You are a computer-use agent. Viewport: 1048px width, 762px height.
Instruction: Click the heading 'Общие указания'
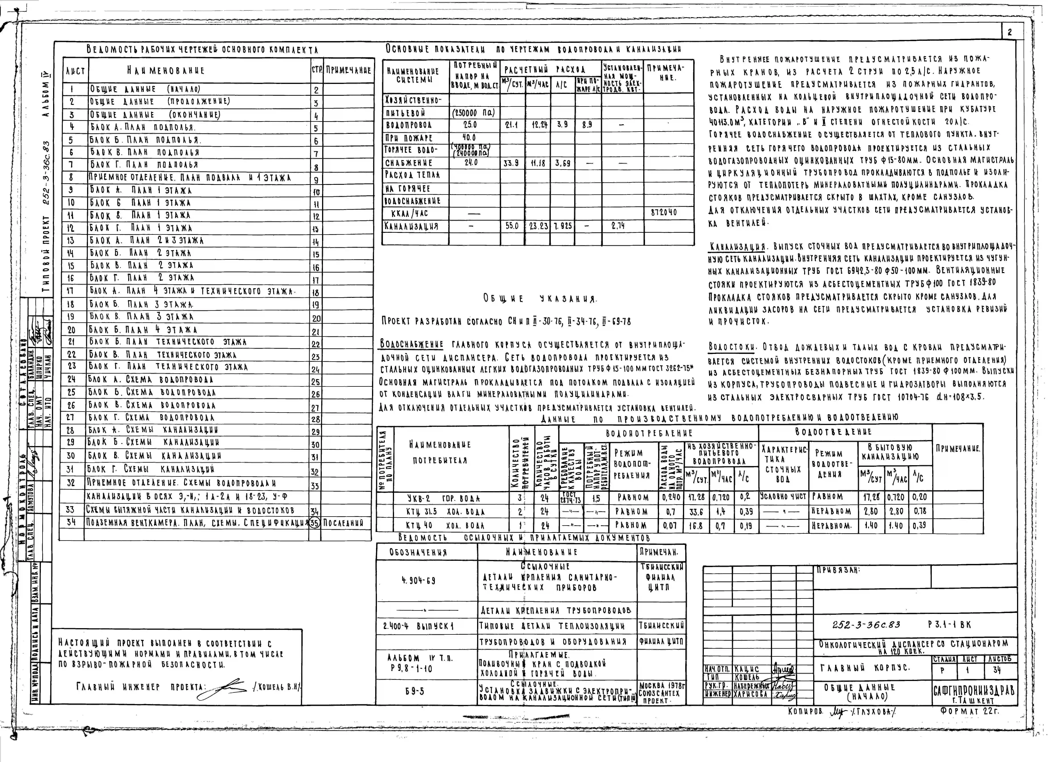[540, 299]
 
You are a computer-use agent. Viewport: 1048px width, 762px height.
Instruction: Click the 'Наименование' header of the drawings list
[165, 71]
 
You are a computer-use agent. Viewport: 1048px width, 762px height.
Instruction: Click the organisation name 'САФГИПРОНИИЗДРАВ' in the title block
[974, 690]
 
